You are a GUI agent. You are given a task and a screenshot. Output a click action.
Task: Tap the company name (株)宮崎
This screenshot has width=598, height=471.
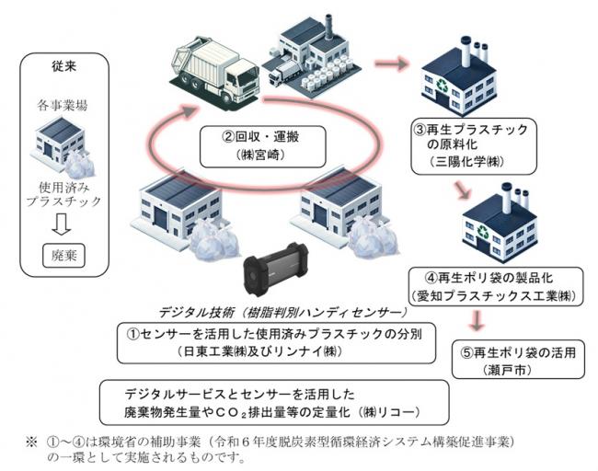tap(261, 156)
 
